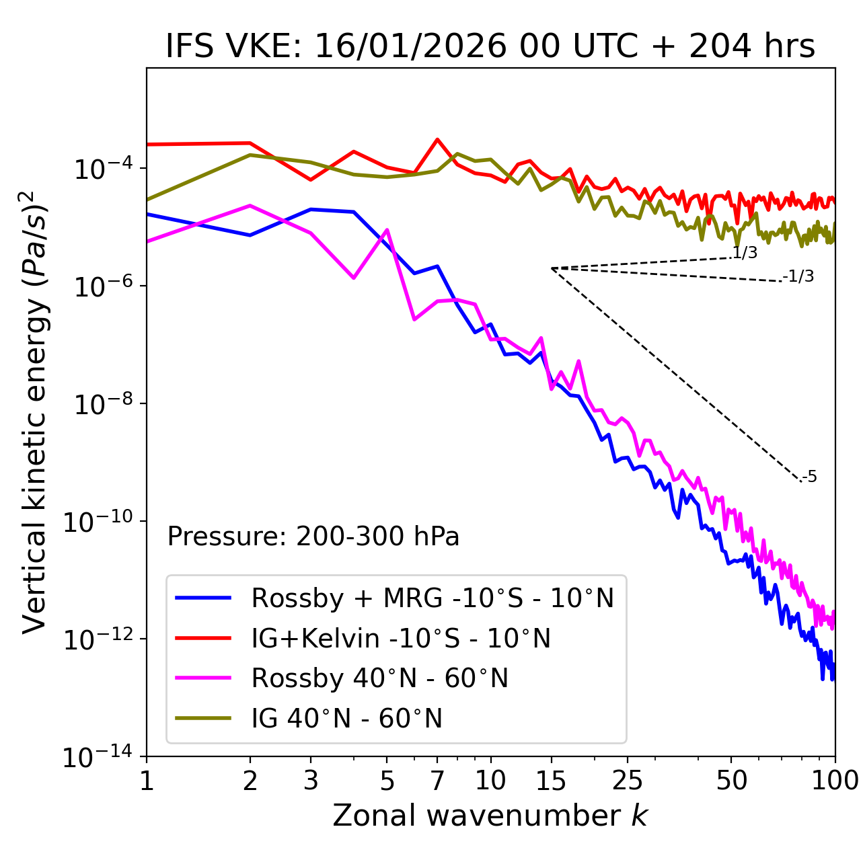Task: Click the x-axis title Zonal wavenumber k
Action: [490, 815]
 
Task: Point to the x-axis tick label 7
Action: [437, 780]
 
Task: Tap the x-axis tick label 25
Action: [628, 780]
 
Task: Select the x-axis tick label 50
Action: [731, 780]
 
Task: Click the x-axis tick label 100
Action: [835, 780]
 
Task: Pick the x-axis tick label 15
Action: [551, 780]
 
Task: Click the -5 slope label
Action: [809, 477]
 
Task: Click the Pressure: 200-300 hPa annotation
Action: [313, 537]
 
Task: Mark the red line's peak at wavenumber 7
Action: [437, 140]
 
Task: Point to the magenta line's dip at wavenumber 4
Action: [354, 278]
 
